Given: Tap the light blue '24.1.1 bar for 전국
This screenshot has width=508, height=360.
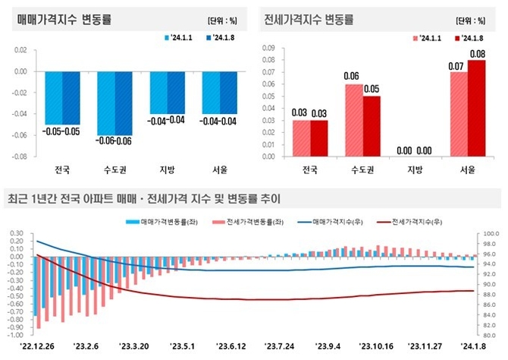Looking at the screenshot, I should (53, 97).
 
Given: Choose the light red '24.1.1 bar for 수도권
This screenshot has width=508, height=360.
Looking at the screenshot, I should (354, 120).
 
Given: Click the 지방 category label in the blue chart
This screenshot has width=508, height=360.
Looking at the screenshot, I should (165, 169).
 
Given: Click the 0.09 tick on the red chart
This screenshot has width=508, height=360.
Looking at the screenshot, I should (268, 47).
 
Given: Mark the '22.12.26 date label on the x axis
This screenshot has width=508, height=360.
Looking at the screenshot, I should (32, 346).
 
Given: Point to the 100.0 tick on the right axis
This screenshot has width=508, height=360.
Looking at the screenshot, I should (490, 234).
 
